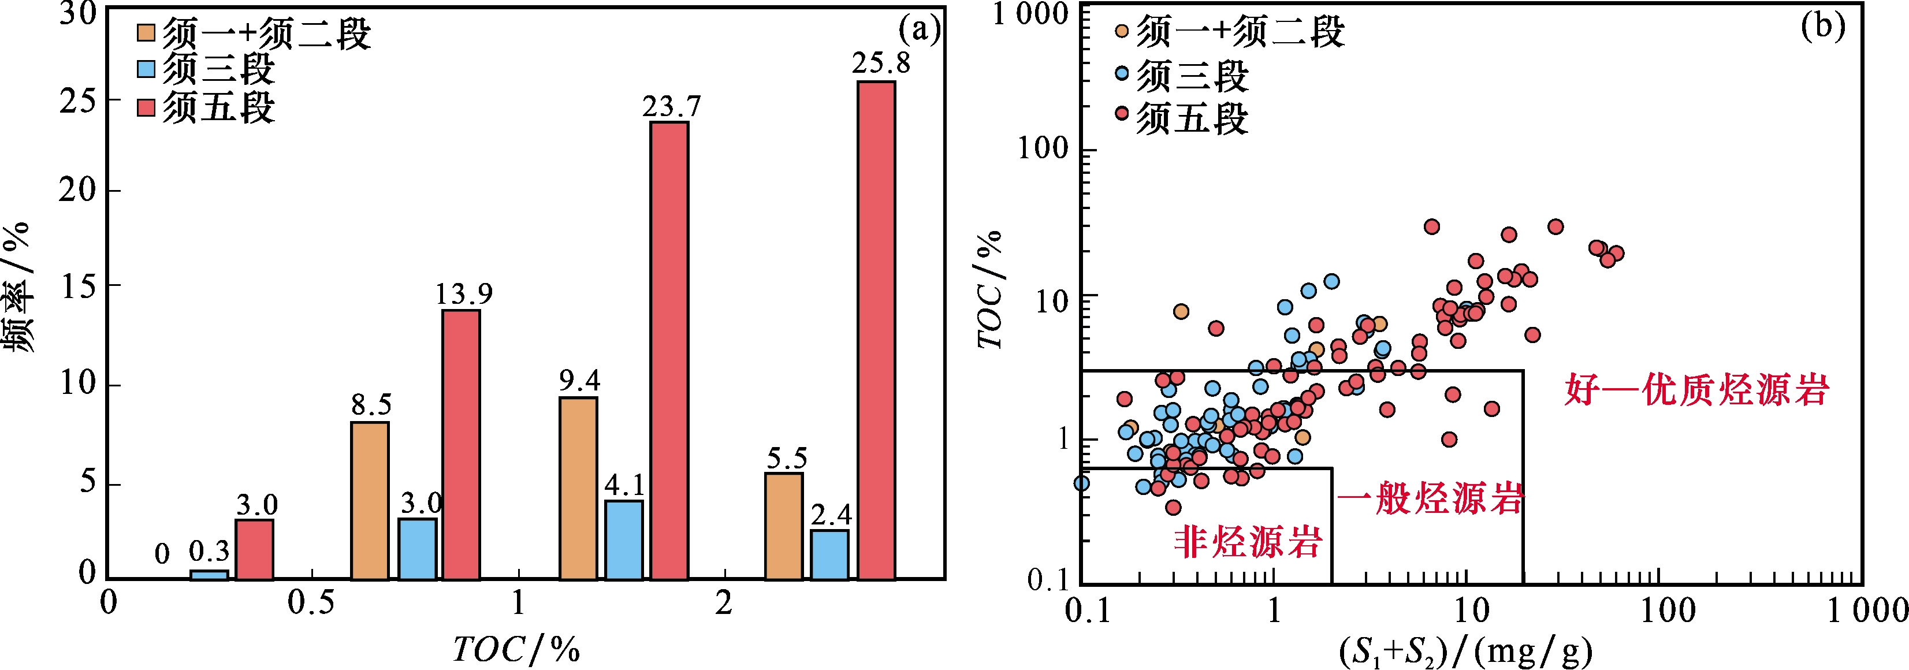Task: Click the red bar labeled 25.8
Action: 876,330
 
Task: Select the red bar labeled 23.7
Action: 669,350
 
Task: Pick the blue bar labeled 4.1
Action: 624,539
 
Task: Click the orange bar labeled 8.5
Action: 370,500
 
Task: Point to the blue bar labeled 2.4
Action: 830,554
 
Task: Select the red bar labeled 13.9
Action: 461,444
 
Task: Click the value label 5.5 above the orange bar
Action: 786,459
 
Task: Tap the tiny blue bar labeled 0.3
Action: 209,574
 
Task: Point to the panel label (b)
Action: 1822,26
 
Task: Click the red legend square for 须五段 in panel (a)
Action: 146,108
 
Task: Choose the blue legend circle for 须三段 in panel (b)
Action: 1122,73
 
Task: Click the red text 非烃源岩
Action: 1248,542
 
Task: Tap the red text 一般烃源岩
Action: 1430,497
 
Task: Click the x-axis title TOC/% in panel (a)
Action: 516,649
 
